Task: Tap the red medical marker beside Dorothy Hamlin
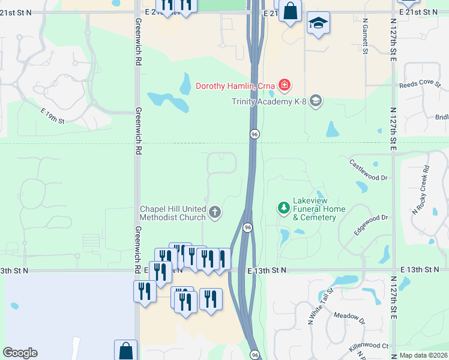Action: [284, 86]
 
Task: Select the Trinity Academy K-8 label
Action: [270, 101]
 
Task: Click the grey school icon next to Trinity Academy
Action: [316, 101]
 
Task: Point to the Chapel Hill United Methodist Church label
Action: [173, 213]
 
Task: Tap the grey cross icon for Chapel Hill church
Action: [215, 212]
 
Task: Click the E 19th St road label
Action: [52, 116]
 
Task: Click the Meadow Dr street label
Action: [349, 319]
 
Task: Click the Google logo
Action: [20, 353]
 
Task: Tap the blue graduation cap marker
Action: [318, 25]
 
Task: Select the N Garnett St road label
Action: [365, 37]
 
